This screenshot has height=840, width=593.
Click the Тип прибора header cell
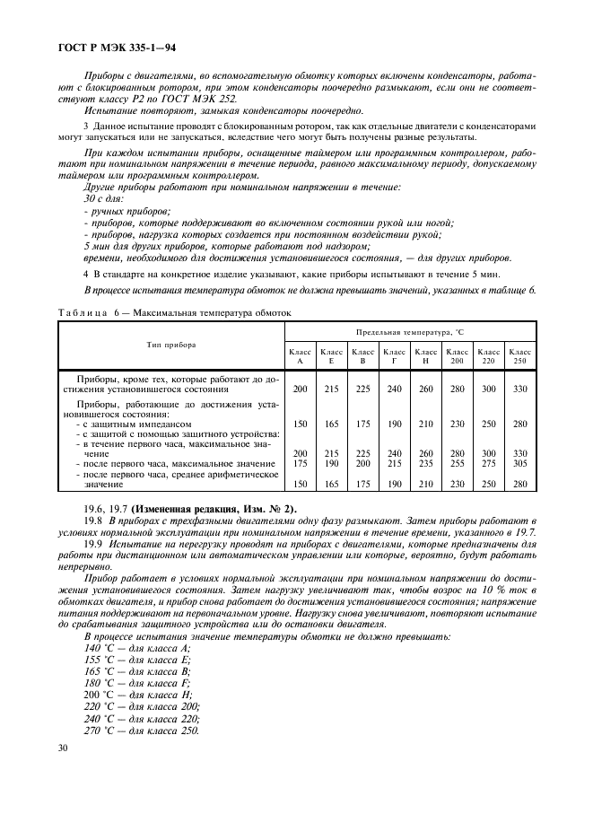point(171,344)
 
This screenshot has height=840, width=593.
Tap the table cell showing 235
point(427,463)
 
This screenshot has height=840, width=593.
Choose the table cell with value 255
point(458,463)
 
